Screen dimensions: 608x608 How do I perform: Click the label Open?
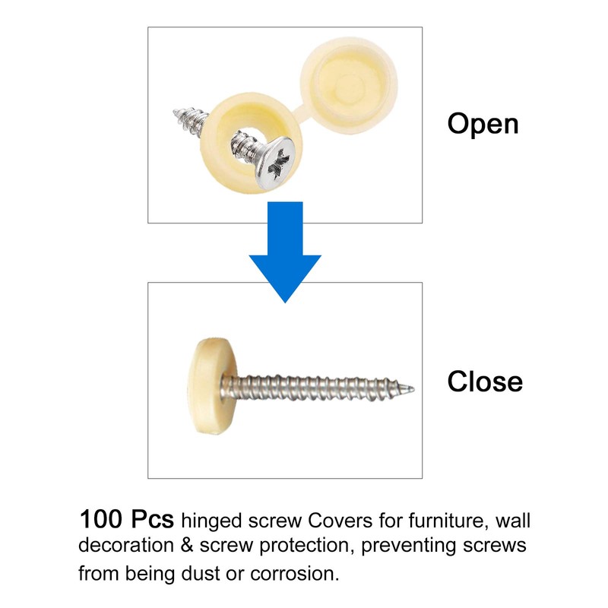click(x=483, y=124)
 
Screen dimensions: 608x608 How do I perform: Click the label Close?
click(x=485, y=381)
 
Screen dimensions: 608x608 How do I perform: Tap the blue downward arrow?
click(x=286, y=251)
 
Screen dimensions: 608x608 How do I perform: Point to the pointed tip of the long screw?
click(x=412, y=389)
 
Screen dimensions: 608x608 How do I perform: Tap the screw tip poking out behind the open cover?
click(x=183, y=119)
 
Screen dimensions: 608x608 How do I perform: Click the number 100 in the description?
click(x=101, y=521)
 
